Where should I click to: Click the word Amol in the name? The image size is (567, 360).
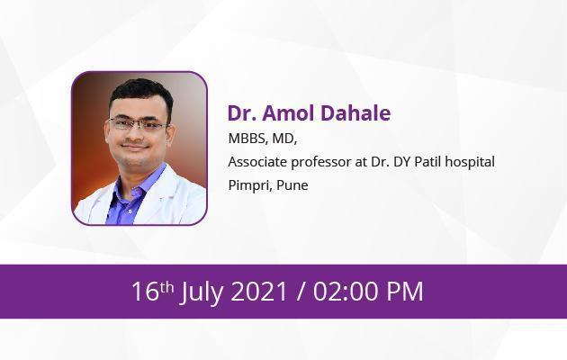(288, 112)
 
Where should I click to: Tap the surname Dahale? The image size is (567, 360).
(355, 112)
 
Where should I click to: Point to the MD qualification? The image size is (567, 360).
(284, 139)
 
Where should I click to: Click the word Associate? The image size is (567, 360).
(257, 162)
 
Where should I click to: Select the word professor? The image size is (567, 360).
(321, 163)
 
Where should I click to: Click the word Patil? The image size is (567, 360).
(427, 162)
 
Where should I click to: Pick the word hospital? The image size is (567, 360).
(470, 163)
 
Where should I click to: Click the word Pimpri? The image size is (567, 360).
(250, 185)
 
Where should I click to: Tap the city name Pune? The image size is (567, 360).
(292, 185)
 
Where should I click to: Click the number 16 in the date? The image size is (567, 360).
(146, 291)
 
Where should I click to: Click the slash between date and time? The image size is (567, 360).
(300, 292)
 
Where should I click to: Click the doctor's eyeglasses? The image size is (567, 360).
(139, 124)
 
